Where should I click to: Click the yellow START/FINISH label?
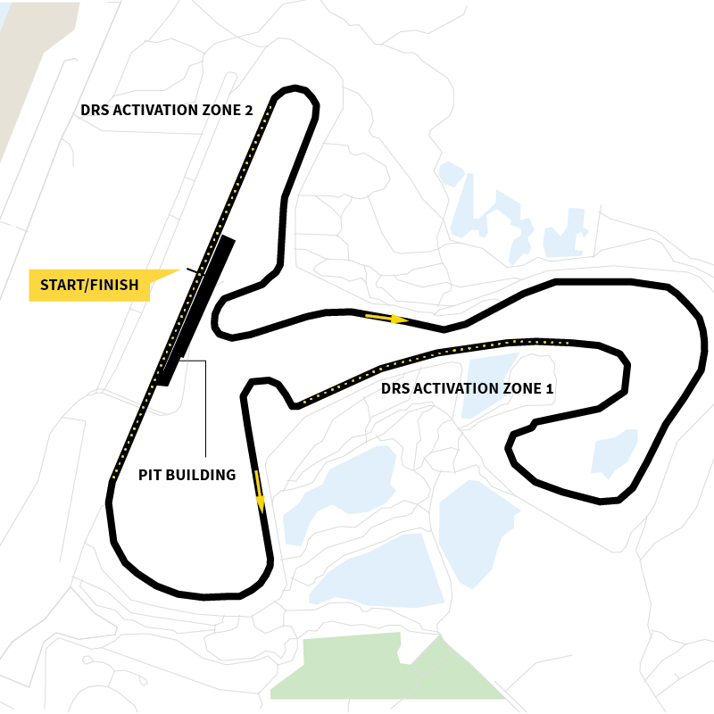[x=90, y=286]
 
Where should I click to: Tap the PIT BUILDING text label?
[x=187, y=475]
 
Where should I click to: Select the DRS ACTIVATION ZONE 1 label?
[x=467, y=389]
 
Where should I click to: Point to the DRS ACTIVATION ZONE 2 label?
[x=167, y=111]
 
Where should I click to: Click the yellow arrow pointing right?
[x=386, y=318]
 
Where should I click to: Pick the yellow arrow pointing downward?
[x=260, y=492]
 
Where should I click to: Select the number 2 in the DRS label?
[x=248, y=111]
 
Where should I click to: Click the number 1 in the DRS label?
[x=549, y=389]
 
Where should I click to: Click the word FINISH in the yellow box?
[x=116, y=286]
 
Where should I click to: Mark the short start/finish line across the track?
[x=192, y=270]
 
